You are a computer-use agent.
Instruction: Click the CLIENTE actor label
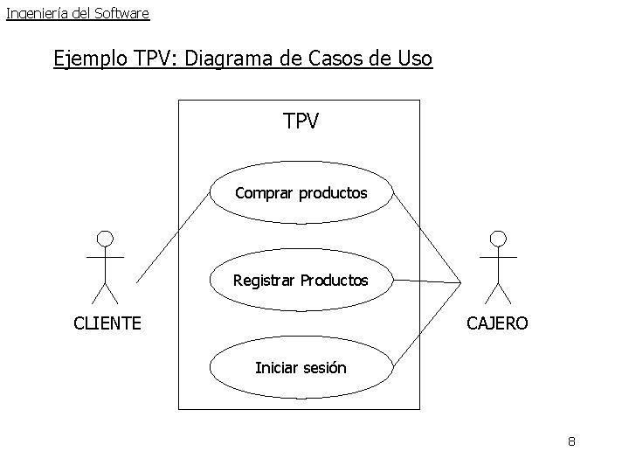tap(107, 323)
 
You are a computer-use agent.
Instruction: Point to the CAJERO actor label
tap(497, 323)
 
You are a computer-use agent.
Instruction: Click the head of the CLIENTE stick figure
tap(105, 238)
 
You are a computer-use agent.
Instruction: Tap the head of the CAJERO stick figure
tap(498, 238)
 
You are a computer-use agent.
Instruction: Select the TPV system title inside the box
tap(301, 121)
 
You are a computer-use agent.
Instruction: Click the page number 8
tap(571, 441)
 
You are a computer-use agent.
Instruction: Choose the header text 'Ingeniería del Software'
tap(78, 13)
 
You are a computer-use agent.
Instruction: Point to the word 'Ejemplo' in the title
tap(92, 59)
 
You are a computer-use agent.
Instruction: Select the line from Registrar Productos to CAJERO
tap(426, 281)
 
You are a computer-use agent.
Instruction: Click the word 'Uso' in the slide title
tap(414, 59)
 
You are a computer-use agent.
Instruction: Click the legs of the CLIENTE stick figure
tap(105, 292)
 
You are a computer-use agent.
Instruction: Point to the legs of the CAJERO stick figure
tap(498, 292)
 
